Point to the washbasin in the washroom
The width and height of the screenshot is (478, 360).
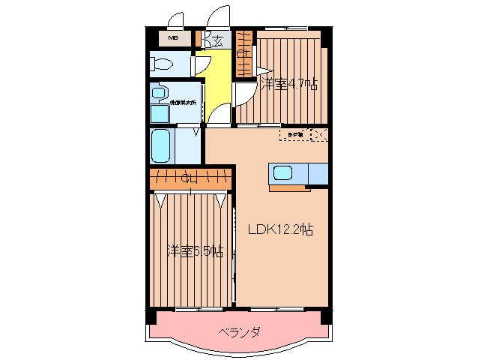(159, 93)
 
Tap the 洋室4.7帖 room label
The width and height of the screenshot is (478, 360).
(288, 83)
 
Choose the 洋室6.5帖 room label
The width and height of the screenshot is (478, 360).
(194, 250)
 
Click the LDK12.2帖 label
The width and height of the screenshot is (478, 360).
(280, 230)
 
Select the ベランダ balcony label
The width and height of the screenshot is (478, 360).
(240, 331)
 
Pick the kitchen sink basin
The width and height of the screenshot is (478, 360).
(284, 173)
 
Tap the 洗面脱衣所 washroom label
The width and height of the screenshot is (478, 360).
(182, 102)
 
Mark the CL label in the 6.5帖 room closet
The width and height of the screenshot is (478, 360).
(190, 178)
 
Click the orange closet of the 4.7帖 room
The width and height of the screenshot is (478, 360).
(243, 52)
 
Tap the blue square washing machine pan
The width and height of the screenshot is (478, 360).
(159, 113)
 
